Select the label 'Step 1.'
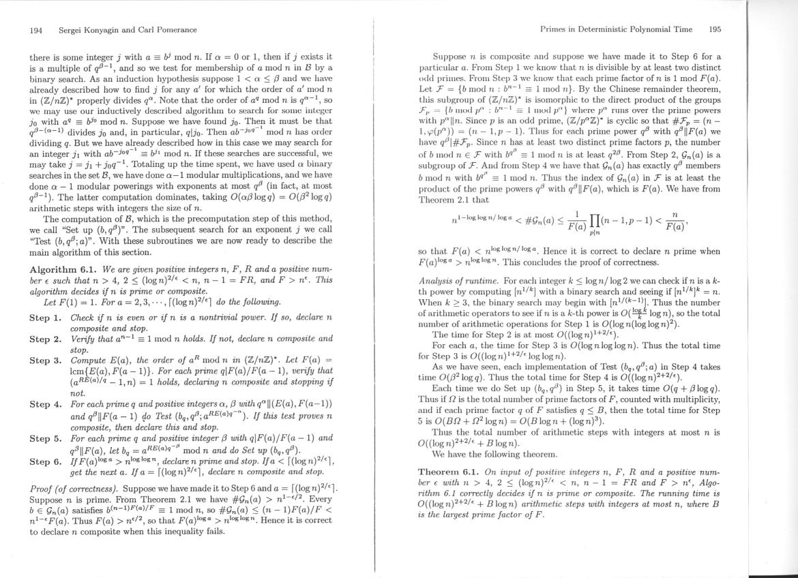tap(46, 318)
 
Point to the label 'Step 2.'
tap(46, 339)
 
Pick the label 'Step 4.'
tap(46, 404)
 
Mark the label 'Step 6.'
tap(46, 461)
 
